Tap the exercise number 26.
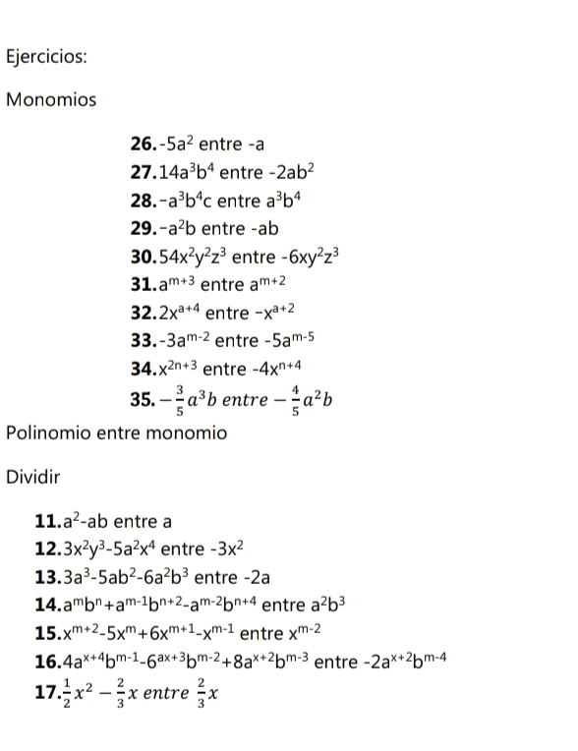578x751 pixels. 143,146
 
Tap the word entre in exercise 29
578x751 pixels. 221,229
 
